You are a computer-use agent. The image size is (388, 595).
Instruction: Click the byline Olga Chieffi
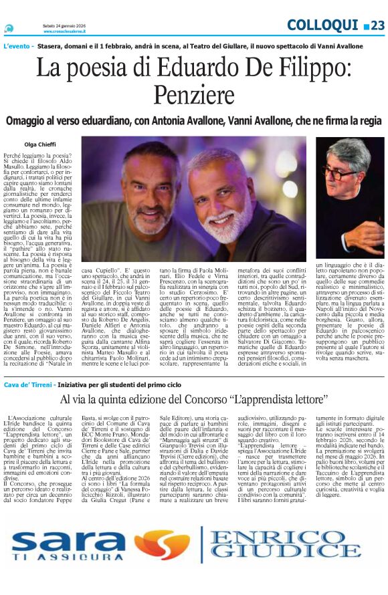coord(40,143)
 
